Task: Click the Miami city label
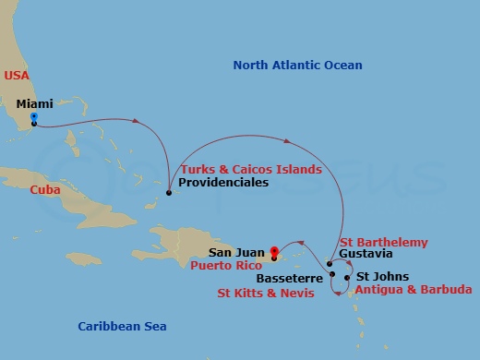click(35, 104)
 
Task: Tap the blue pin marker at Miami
click(33, 117)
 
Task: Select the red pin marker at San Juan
click(274, 249)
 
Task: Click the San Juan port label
click(237, 251)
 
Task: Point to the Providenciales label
click(224, 183)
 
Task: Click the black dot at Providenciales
click(168, 193)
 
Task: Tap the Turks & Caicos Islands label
click(251, 170)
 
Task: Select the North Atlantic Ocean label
click(297, 66)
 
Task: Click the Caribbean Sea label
click(122, 326)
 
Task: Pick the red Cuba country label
click(45, 189)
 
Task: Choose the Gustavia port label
click(366, 254)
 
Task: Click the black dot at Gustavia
click(330, 264)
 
